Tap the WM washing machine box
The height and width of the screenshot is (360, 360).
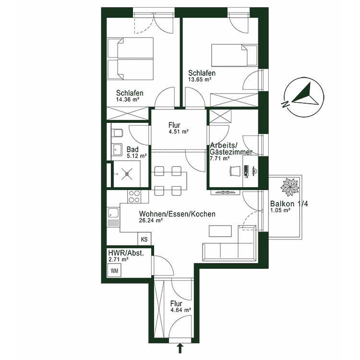click(x=114, y=271)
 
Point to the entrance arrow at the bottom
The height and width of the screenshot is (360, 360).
click(x=180, y=347)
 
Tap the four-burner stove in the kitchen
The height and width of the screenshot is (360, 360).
click(x=134, y=197)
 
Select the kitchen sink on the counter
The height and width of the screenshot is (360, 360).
click(x=114, y=216)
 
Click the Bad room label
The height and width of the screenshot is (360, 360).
click(x=132, y=149)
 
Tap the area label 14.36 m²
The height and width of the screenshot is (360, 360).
click(x=128, y=100)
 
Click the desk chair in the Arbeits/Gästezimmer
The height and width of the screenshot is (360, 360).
click(x=235, y=171)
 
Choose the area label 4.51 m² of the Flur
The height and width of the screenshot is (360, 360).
click(x=178, y=131)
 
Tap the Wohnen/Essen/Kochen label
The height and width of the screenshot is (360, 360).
click(x=177, y=214)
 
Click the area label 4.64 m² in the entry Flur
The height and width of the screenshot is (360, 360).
click(x=180, y=310)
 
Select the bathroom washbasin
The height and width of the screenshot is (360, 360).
click(x=117, y=150)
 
